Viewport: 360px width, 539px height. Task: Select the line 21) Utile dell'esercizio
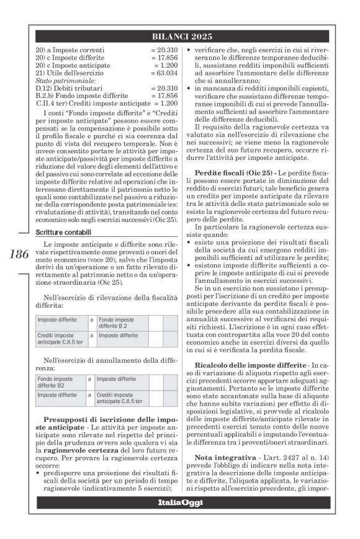pos(70,72)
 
